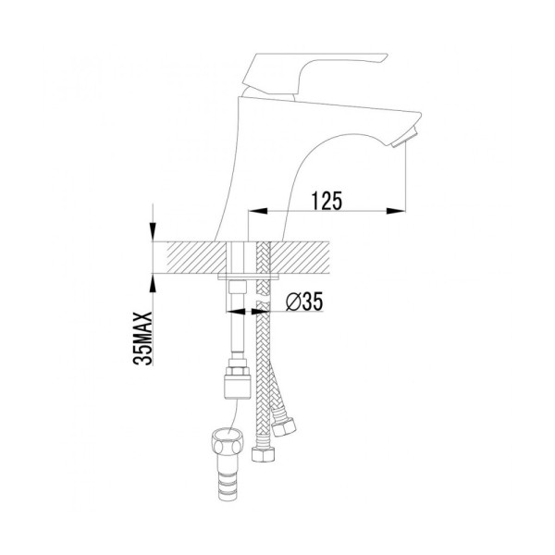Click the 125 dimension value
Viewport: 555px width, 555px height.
pos(327,201)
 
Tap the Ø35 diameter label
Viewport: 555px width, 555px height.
pos(304,302)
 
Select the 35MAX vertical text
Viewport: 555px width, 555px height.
pos(143,338)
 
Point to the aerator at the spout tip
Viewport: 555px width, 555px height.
pos(406,137)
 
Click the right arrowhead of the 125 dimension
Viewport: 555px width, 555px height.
pos(395,211)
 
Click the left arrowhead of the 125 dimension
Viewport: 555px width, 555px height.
pos(258,211)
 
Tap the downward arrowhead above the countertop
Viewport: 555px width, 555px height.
pos(153,231)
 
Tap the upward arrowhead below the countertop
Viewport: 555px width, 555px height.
pos(153,282)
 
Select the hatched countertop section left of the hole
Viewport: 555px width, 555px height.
pos(196,257)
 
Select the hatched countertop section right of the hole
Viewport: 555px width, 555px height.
pos(300,257)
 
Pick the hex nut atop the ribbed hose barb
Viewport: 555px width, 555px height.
pos(227,442)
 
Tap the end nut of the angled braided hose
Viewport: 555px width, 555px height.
pos(284,426)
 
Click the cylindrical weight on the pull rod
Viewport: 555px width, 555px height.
pos(237,387)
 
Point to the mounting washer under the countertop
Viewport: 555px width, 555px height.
pos(249,276)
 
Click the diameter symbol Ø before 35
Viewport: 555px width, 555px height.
pos(292,302)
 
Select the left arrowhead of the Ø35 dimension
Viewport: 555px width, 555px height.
pos(235,312)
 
